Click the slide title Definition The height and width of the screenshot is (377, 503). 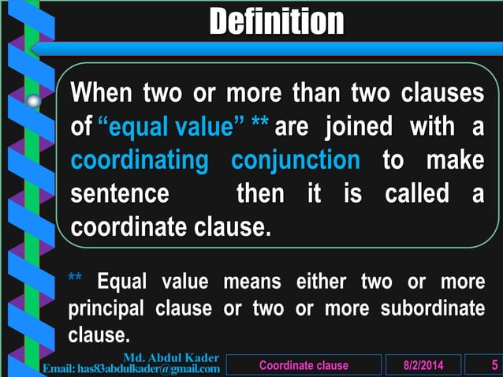pos(276,21)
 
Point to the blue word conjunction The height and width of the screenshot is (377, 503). pos(295,160)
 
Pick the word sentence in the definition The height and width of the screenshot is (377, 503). pos(119,194)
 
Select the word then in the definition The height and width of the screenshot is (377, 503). pos(262,194)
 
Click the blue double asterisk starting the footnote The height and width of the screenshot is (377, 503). pos(76,280)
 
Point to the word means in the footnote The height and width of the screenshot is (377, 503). pos(252,281)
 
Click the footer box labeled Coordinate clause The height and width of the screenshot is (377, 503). pos(304,366)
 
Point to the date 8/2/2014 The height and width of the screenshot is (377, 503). pos(422,366)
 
